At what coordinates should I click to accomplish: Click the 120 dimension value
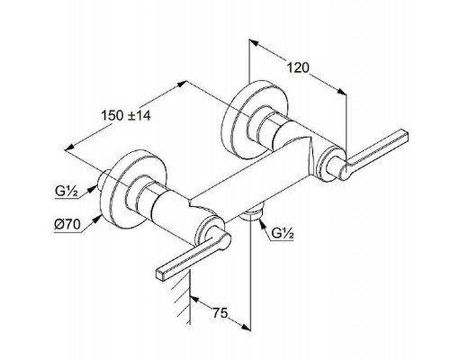(x=298, y=67)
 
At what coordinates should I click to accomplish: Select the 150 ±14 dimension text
(x=126, y=115)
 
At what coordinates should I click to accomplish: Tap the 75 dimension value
(x=220, y=313)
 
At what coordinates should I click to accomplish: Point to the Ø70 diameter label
(x=67, y=224)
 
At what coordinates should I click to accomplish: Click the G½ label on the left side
(x=67, y=191)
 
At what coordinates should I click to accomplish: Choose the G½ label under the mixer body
(x=282, y=233)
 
